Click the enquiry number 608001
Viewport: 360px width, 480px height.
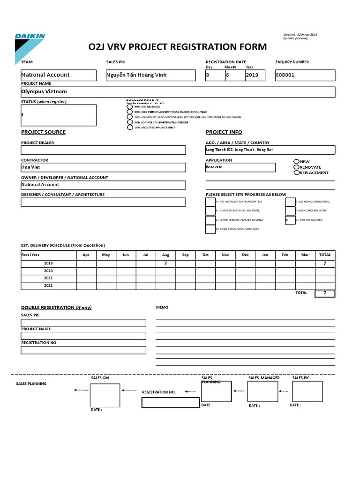pyautogui.click(x=285, y=75)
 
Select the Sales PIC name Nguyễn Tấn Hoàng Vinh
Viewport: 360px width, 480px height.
pyautogui.click(x=136, y=75)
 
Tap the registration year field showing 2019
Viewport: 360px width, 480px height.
pyautogui.click(x=252, y=75)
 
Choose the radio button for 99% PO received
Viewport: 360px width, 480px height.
pyautogui.click(x=130, y=107)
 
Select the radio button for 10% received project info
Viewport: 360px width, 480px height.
pyautogui.click(x=130, y=127)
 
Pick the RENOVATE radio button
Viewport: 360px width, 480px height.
pyautogui.click(x=296, y=167)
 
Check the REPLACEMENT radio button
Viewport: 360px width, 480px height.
pyautogui.click(x=296, y=172)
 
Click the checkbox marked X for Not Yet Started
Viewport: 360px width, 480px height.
pyautogui.click(x=290, y=219)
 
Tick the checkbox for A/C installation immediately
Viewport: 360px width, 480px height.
pyautogui.click(x=210, y=202)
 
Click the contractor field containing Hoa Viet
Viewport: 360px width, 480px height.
pyautogui.click(x=103, y=167)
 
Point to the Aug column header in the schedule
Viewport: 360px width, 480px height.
pyautogui.click(x=165, y=255)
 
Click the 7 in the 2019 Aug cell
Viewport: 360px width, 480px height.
pyautogui.click(x=165, y=263)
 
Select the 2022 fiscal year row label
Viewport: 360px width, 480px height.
pyautogui.click(x=49, y=285)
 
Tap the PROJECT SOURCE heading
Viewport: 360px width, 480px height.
pyautogui.click(x=43, y=132)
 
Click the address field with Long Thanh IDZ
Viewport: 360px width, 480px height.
pyautogui.click(x=270, y=150)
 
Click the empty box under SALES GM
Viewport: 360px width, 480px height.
pyautogui.click(x=105, y=394)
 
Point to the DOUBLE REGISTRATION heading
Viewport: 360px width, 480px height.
pyautogui.click(x=56, y=307)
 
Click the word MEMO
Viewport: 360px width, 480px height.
pyautogui.click(x=162, y=307)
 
